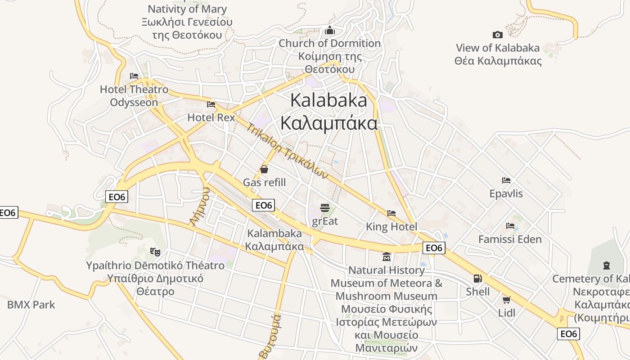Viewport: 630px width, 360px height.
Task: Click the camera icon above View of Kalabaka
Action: [x=497, y=35]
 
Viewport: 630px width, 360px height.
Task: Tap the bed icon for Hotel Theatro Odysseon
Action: [x=134, y=76]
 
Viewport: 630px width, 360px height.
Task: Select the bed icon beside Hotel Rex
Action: [x=211, y=104]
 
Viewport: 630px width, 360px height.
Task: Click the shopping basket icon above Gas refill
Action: [x=264, y=169]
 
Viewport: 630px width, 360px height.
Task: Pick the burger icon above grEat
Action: [x=325, y=208]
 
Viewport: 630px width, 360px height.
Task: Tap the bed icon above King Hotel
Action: [x=391, y=213]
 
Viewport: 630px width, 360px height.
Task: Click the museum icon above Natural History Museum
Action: [x=386, y=257]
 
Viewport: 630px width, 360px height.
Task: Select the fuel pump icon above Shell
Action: [x=477, y=279]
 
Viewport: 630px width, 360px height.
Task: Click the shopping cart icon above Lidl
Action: [x=506, y=300]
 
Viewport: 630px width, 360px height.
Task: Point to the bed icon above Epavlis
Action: [x=506, y=180]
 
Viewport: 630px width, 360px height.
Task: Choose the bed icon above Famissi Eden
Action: [x=510, y=225]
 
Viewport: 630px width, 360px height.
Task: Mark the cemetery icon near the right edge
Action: [x=606, y=265]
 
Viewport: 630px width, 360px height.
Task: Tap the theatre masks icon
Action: [x=155, y=252]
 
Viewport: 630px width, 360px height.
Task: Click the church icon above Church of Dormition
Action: [x=330, y=31]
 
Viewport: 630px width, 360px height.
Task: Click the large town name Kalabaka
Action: [x=328, y=100]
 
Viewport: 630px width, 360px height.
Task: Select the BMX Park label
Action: [x=31, y=305]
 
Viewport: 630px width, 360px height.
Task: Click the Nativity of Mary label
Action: [x=187, y=9]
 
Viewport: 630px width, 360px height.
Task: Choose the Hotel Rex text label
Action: [x=211, y=117]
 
